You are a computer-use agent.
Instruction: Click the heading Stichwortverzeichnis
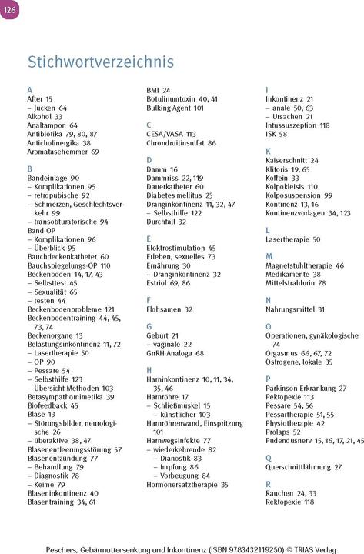tap(101, 62)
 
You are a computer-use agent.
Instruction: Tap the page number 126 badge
tap(8, 9)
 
